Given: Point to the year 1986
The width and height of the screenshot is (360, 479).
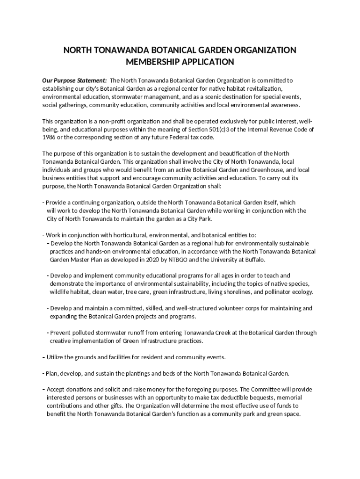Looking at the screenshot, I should (49, 138).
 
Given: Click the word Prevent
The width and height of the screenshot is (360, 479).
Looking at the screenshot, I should (62, 333).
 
